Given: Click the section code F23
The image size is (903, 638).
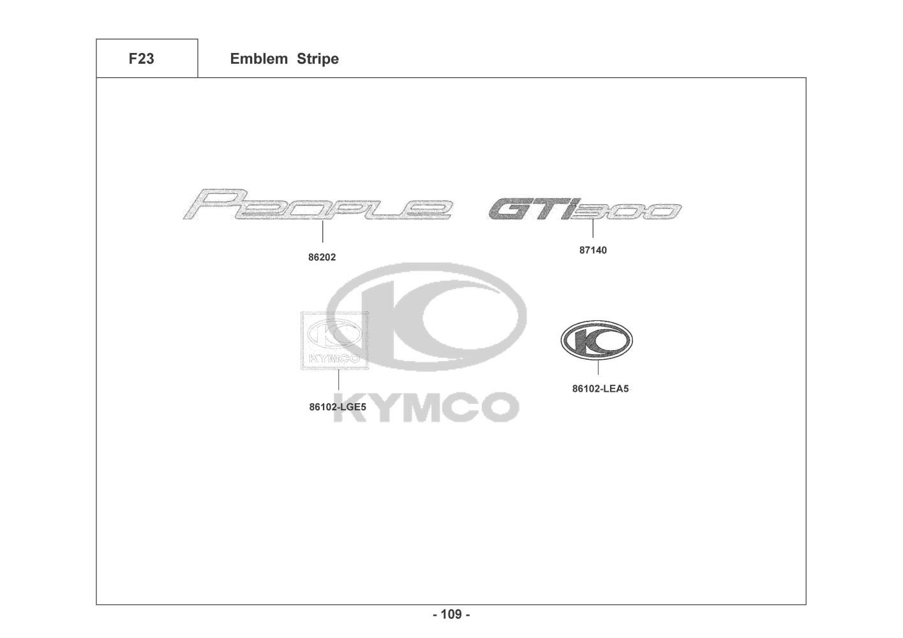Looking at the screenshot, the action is point(141,59).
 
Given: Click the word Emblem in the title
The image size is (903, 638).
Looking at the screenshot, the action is point(258,59).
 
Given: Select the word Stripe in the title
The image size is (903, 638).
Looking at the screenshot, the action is point(317,59).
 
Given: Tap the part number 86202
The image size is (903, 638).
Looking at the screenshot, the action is point(322,257).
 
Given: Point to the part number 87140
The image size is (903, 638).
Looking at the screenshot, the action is point(593,250).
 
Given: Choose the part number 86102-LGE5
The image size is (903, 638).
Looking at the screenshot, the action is point(338,407).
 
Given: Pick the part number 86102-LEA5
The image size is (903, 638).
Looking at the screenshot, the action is point(600,389).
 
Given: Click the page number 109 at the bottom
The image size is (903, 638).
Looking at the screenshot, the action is point(451,614).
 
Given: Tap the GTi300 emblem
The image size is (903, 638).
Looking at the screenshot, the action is point(585,210).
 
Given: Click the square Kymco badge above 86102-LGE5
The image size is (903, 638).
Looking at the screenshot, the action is point(334,341).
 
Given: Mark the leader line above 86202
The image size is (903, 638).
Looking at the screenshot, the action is point(322,232).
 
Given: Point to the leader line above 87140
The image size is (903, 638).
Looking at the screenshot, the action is point(593,228).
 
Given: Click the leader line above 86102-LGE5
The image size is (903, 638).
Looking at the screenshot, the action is point(338,380).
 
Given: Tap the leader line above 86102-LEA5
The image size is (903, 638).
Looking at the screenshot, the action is point(598,367).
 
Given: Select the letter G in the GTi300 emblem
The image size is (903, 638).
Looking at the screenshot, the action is point(510,210).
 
